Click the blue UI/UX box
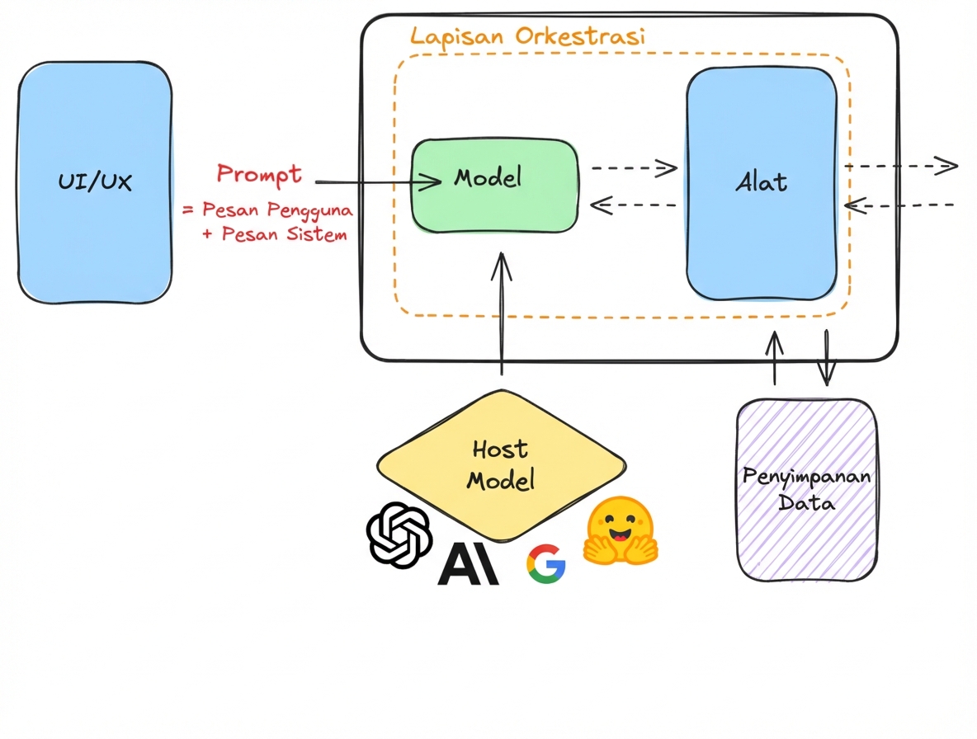95,181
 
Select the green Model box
494,186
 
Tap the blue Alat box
761,183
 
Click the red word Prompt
259,174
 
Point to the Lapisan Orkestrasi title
527,36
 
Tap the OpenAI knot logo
400,534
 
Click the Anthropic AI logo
468,565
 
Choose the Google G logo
545,564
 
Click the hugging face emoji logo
619,532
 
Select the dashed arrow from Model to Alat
634,168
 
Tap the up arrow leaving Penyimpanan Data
774,359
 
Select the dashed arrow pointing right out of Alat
899,167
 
